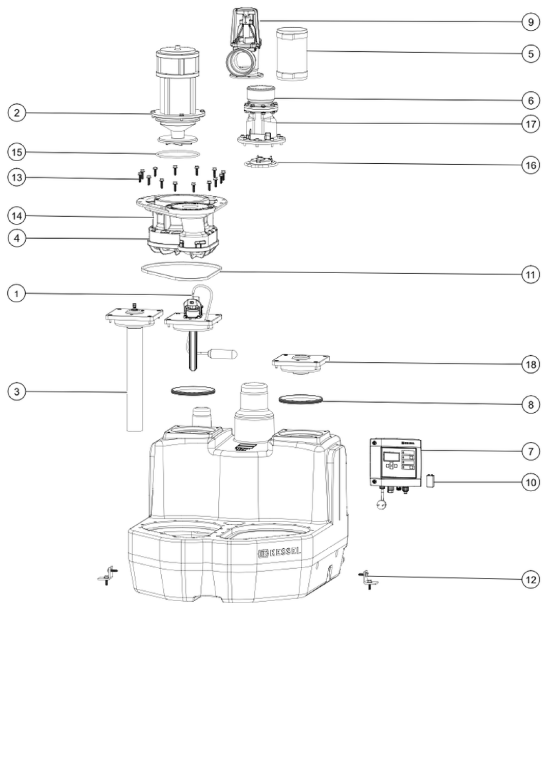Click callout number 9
click(x=531, y=22)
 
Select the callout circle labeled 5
click(x=531, y=53)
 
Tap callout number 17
click(x=531, y=124)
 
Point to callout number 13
click(x=17, y=178)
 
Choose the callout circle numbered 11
click(x=531, y=275)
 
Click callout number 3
click(x=17, y=392)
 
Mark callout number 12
click(x=531, y=580)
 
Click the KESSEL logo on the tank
click(x=279, y=552)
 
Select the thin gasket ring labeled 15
click(x=178, y=154)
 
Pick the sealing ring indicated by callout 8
click(x=300, y=398)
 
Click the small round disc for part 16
click(x=261, y=163)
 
